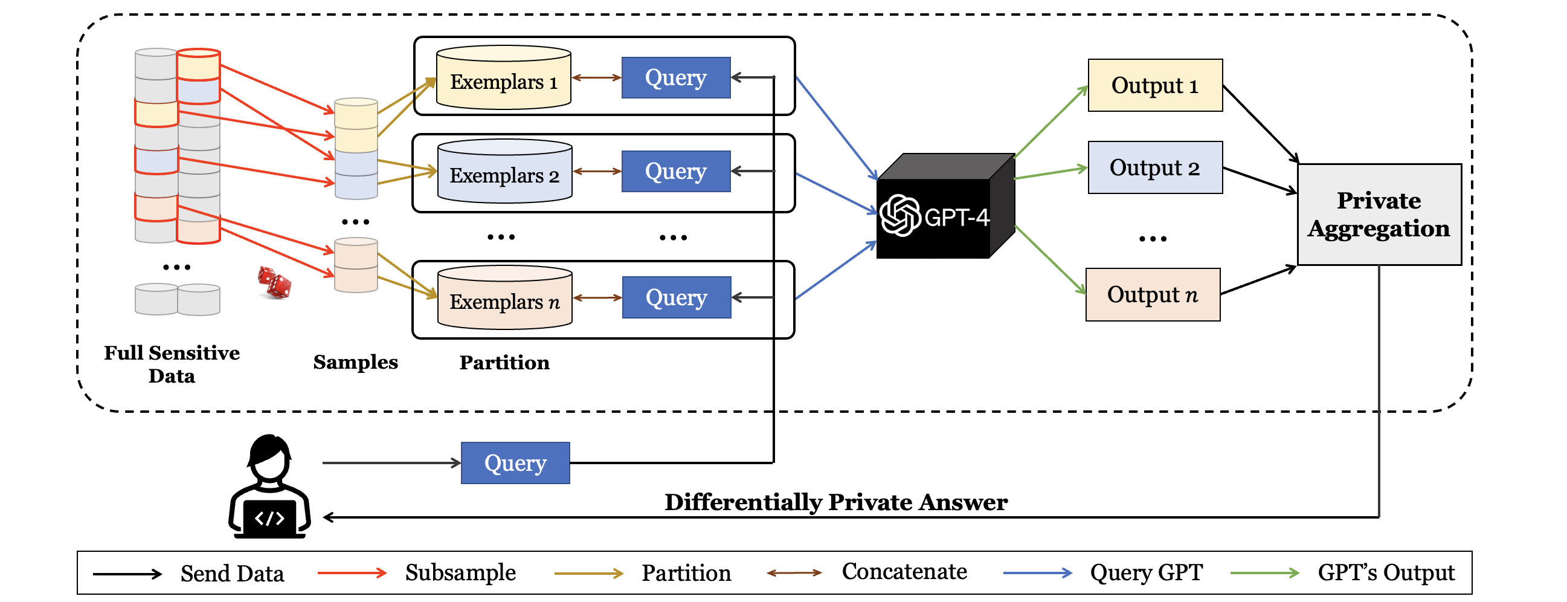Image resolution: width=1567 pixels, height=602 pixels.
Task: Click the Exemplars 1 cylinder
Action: click(504, 78)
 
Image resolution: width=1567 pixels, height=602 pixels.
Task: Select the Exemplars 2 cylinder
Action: click(504, 172)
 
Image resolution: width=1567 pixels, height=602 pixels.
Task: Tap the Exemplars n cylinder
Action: click(504, 297)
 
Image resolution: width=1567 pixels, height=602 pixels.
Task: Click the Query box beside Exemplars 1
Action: click(676, 78)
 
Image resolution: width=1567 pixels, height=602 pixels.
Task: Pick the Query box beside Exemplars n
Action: click(677, 297)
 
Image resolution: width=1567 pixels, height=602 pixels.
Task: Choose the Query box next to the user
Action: click(515, 463)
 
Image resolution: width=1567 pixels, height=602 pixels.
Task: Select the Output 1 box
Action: click(1154, 85)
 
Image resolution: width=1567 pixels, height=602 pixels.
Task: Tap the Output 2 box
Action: click(1154, 167)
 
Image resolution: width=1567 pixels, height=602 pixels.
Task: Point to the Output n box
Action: click(1153, 294)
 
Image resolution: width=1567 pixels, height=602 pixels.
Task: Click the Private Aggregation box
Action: click(1379, 215)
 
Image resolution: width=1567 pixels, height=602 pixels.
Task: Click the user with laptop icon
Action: click(269, 487)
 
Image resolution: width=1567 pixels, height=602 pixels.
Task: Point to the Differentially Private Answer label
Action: click(836, 503)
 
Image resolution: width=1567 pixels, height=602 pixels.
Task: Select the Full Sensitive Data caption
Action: click(172, 364)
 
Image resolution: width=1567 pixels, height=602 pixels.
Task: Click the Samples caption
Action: click(355, 362)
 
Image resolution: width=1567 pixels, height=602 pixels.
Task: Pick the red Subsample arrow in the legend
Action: click(352, 573)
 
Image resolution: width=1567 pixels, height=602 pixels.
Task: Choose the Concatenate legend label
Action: click(904, 572)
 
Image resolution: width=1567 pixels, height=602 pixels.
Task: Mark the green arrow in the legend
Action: click(1264, 573)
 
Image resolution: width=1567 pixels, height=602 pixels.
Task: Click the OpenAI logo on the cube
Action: click(900, 215)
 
